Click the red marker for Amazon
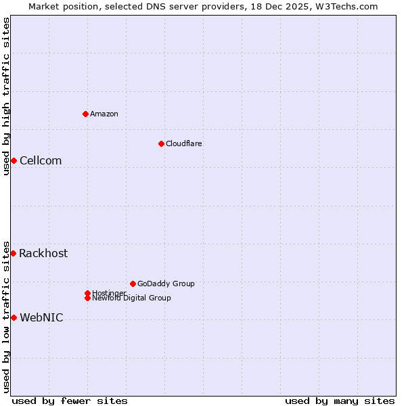pos(85,114)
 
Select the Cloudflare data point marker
pos(161,143)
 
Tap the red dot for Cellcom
pos(14,160)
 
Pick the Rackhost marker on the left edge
pos(13,253)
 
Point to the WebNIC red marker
pos(14,317)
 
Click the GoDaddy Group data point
pos(133,284)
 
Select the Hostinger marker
pos(87,293)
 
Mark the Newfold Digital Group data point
pos(87,298)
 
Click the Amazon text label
pos(104,114)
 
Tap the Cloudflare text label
pos(184,143)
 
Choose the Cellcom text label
pos(41,160)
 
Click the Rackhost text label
pos(43,253)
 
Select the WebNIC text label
pos(41,317)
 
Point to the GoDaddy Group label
pos(166,284)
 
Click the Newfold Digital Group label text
pos(132,298)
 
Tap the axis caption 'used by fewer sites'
pos(70,401)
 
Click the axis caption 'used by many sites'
pos(340,401)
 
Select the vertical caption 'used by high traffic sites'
pos(6,96)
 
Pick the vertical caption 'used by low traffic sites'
pos(6,316)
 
